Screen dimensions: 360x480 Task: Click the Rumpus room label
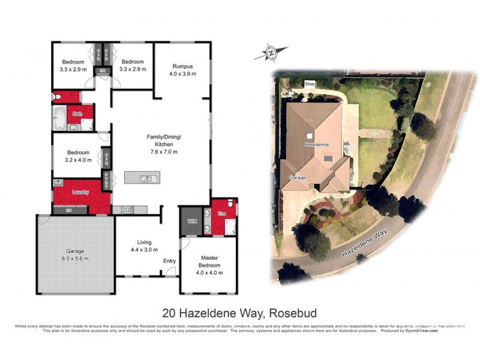tap(182, 66)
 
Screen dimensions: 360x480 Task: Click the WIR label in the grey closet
tap(192, 221)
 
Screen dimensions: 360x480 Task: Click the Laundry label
tap(80, 192)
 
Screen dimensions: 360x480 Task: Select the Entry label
tap(170, 261)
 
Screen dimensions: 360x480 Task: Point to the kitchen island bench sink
tap(146, 178)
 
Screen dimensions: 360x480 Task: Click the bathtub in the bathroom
tap(59, 118)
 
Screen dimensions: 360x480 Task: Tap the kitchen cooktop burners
tap(128, 209)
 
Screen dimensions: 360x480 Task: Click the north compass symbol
tap(271, 55)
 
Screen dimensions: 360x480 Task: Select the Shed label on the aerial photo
tap(310, 84)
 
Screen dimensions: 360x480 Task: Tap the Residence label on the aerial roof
tap(316, 145)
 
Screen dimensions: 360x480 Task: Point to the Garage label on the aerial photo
tap(298, 178)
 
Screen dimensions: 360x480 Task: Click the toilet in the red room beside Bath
tap(56, 96)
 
